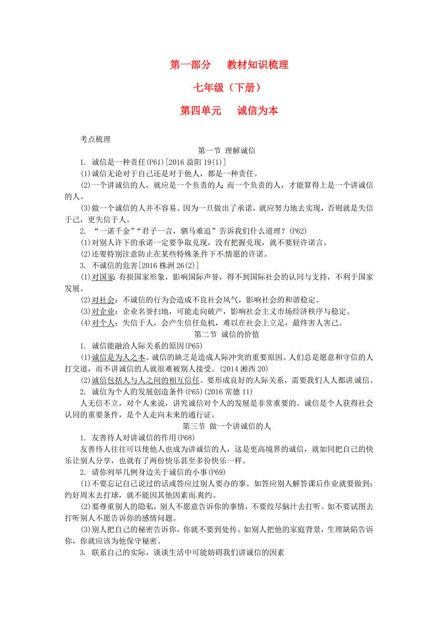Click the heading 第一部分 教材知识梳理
pyautogui.click(x=229, y=65)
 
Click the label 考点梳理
pyautogui.click(x=95, y=140)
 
